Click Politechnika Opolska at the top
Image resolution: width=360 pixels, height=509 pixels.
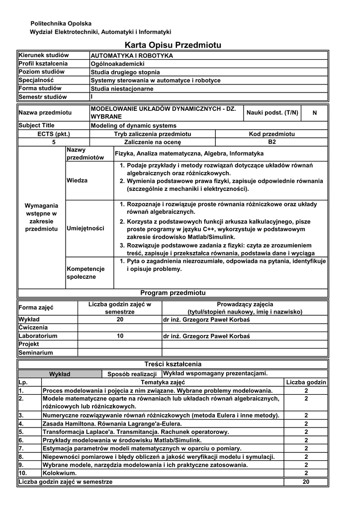[61, 24]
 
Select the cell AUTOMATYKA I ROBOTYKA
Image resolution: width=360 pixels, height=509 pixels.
[132, 56]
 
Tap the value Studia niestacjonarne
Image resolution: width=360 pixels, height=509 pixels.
[122, 88]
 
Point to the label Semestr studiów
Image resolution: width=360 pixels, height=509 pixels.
[43, 97]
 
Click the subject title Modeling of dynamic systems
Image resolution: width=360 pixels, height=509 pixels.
[133, 126]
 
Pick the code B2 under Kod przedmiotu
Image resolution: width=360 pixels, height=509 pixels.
[271, 142]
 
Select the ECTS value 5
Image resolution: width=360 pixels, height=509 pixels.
[54, 142]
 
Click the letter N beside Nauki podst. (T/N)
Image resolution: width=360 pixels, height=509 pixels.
[314, 113]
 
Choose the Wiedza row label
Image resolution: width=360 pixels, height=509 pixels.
[77, 180]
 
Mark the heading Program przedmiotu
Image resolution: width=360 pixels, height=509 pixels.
[173, 293]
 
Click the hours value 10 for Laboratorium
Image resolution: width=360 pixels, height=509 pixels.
[120, 336]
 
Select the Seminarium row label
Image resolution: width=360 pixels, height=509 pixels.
[36, 353]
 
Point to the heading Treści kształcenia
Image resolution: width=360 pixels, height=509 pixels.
[173, 364]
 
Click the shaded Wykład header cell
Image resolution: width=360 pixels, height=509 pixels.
[60, 374]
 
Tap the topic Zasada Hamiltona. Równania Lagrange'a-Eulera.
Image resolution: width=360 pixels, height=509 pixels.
[112, 424]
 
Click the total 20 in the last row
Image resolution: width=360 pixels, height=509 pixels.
[306, 482]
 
